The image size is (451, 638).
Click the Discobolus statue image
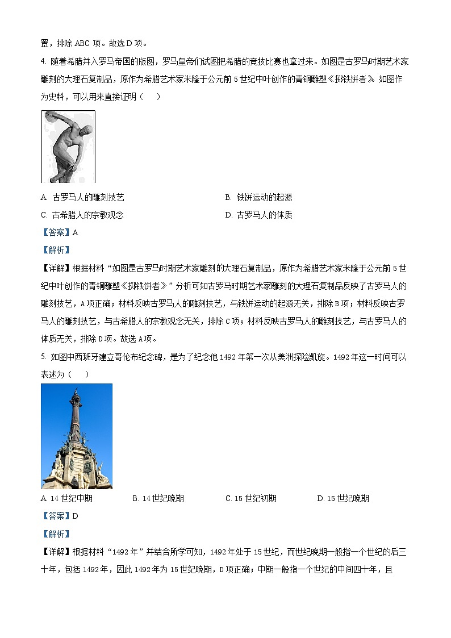point(68,147)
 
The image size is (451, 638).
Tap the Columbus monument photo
point(77,436)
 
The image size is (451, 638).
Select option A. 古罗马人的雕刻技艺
point(82,198)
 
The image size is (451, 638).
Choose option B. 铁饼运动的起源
point(258,198)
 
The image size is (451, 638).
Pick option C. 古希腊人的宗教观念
point(82,215)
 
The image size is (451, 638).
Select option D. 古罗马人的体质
point(258,215)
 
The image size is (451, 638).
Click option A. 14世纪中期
point(67,499)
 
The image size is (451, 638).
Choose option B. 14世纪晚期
point(158,499)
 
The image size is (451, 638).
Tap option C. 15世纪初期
point(250,499)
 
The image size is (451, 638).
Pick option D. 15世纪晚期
point(343,499)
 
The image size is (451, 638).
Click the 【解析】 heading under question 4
point(56,250)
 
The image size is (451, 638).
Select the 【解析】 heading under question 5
point(56,534)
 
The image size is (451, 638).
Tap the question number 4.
point(43,62)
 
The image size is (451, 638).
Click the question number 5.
point(43,357)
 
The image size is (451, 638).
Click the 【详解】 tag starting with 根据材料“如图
point(56,268)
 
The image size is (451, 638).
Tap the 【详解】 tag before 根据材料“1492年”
point(56,552)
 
